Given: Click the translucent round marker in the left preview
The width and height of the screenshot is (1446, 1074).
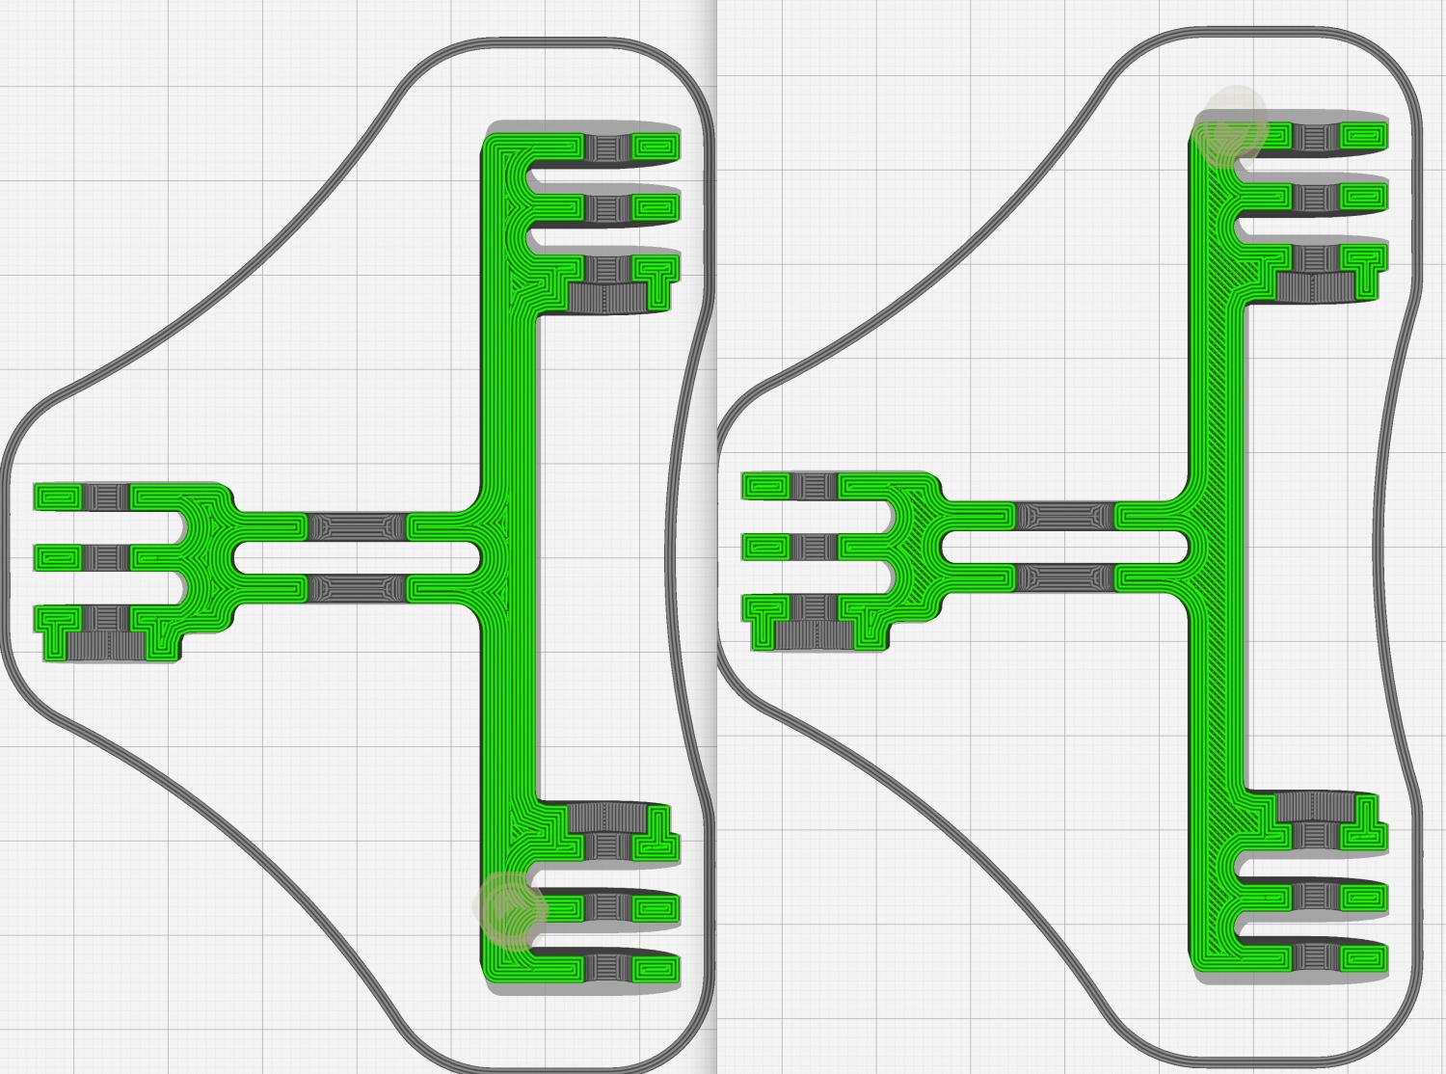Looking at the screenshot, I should [510, 909].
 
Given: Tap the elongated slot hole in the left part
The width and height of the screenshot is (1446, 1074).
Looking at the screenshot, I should [357, 557].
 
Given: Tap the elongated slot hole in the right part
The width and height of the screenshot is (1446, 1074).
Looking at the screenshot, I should [1065, 548].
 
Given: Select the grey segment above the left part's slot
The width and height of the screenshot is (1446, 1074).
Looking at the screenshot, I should [357, 527].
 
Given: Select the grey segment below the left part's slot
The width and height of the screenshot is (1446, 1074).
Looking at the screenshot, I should [357, 587].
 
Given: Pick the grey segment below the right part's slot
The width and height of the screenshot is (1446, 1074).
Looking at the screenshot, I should [1065, 577].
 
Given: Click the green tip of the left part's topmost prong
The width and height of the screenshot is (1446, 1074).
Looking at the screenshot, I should [656, 148].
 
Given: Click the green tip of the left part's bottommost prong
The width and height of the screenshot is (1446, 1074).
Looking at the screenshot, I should [656, 968].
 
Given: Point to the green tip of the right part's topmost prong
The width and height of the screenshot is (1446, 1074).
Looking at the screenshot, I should [1365, 137].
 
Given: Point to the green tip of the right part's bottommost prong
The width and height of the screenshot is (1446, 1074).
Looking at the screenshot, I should [1365, 958].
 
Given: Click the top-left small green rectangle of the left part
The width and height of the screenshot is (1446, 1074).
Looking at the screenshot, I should [57, 497].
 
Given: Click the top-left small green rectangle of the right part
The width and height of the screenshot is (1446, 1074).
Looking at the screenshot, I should [765, 486].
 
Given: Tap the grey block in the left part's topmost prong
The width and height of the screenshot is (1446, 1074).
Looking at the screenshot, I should [606, 148].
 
